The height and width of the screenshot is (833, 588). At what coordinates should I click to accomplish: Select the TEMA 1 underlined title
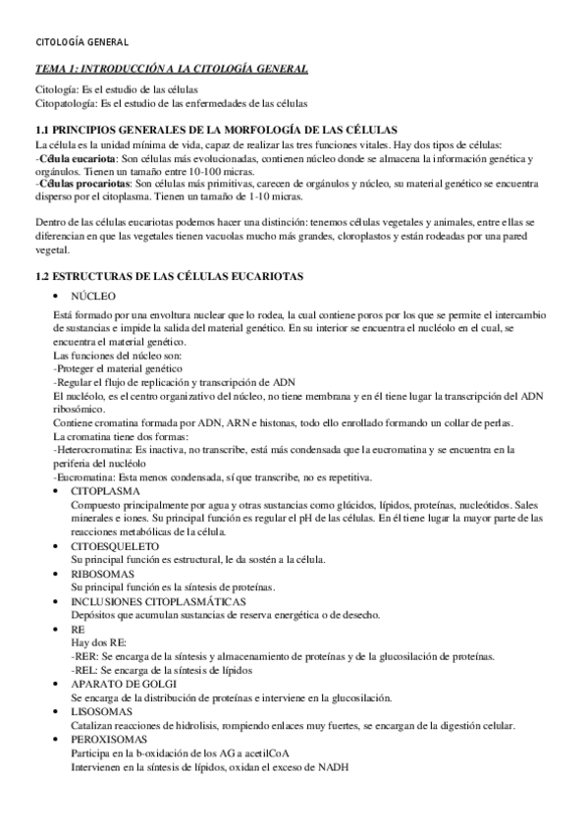[x=171, y=68]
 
